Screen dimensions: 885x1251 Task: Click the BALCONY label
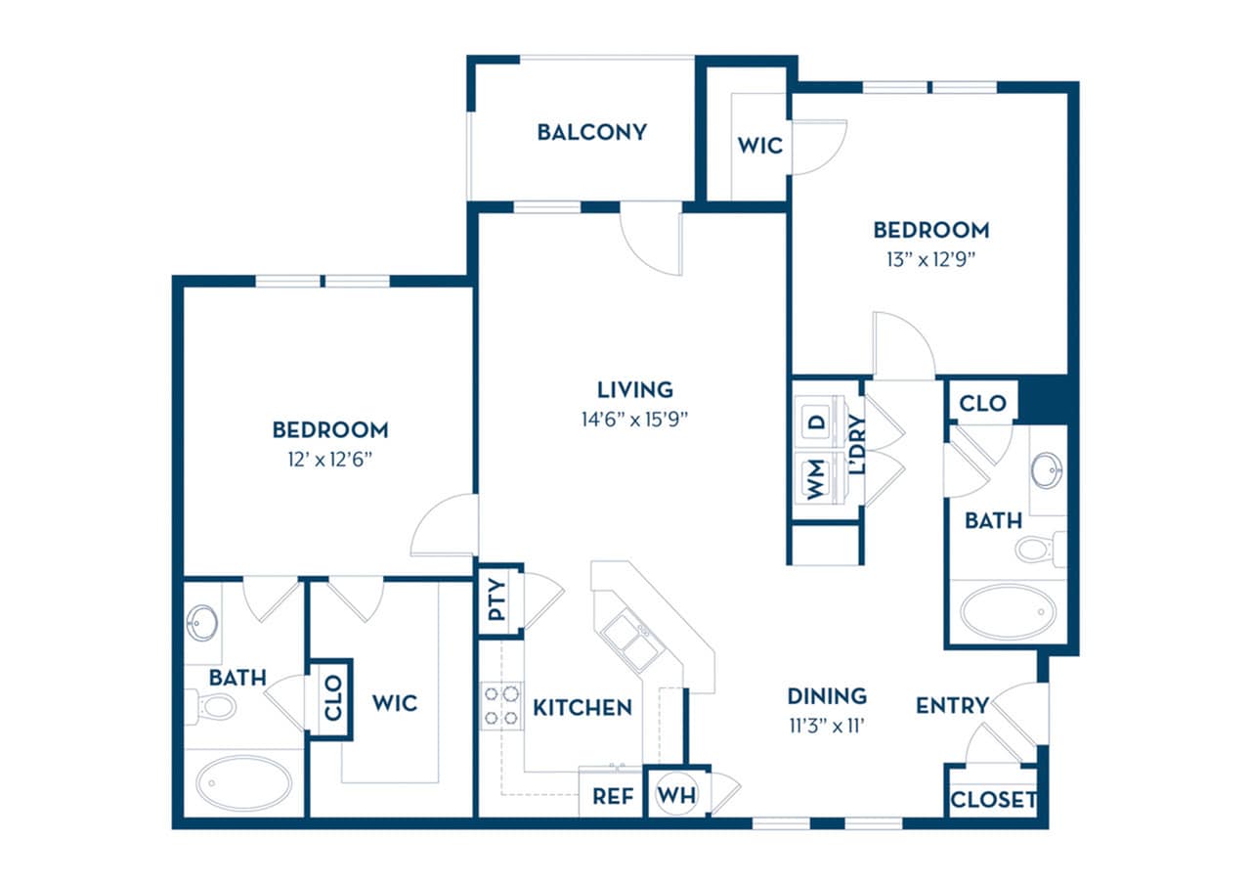pos(591,132)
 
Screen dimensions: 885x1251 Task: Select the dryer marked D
pos(816,422)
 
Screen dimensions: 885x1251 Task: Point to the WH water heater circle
pos(676,795)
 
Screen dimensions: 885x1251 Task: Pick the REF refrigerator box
pos(612,796)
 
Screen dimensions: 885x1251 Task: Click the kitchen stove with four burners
pos(500,705)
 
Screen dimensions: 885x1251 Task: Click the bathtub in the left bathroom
pos(243,783)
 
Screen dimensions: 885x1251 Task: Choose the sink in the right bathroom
pos(1047,469)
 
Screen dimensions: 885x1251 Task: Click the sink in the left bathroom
pos(203,623)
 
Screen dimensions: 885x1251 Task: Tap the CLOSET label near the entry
pos(993,800)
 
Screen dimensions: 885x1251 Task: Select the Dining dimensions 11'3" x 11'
pos(827,726)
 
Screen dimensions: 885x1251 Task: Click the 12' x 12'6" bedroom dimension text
pos(330,459)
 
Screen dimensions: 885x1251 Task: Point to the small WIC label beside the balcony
pos(759,146)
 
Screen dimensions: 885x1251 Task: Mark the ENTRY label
pos(952,705)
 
